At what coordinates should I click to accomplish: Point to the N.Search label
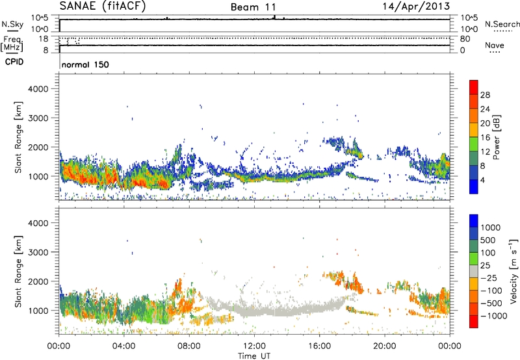coord(499,23)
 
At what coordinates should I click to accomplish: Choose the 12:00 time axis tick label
coord(254,346)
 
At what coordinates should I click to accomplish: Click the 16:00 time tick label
coord(319,346)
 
